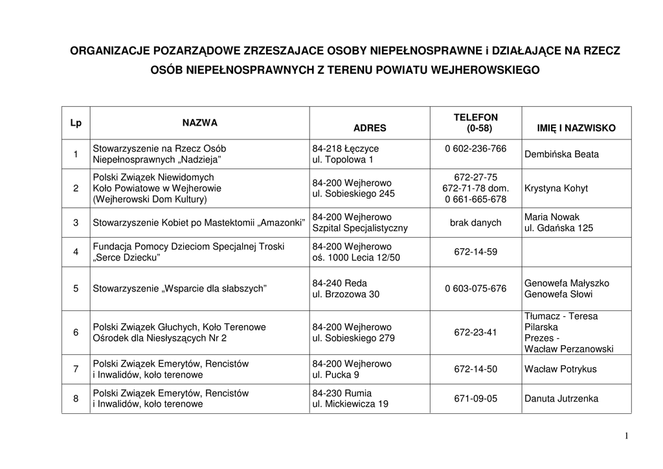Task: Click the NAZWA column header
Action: click(x=199, y=122)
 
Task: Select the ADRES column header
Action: click(x=370, y=128)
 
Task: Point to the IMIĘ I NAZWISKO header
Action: click(x=576, y=128)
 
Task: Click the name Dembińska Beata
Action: click(x=561, y=154)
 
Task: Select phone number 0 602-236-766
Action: click(x=475, y=148)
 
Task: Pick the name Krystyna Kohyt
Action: click(x=556, y=188)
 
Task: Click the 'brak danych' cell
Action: click(x=475, y=222)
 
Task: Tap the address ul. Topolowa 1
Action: click(x=343, y=159)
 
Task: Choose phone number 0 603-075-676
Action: click(x=475, y=289)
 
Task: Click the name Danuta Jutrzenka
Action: click(x=561, y=398)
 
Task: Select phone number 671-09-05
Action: click(x=475, y=398)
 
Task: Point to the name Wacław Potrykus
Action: click(x=561, y=369)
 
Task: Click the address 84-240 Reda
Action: click(x=339, y=283)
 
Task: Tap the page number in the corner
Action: click(x=627, y=436)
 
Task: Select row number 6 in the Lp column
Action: click(x=76, y=332)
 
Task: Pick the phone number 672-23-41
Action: click(x=475, y=332)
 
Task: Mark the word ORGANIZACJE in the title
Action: click(x=109, y=50)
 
